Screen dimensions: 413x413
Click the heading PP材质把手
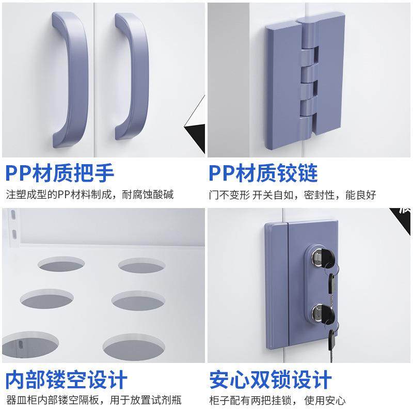[x=60, y=173]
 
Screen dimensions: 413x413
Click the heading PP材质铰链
[x=263, y=173]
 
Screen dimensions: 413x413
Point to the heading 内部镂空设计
[x=67, y=380]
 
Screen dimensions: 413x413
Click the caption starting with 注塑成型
[x=90, y=195]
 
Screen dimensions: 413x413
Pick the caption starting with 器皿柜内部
[x=93, y=400]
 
